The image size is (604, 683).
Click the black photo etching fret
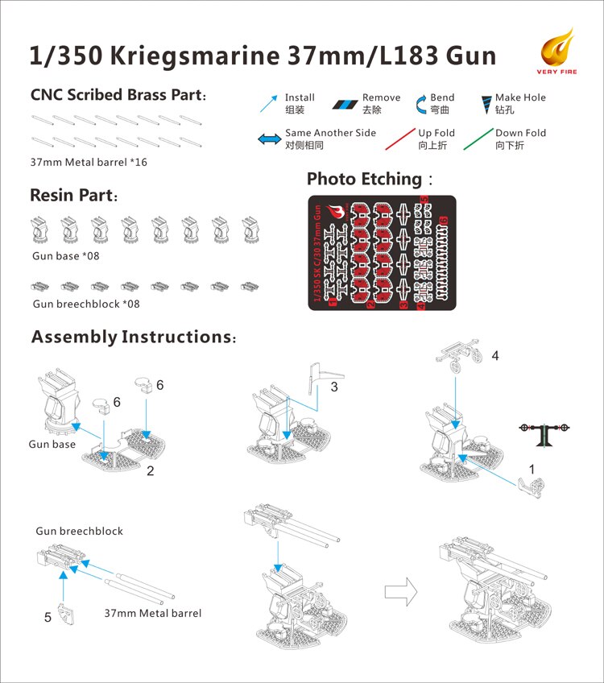coord(382,253)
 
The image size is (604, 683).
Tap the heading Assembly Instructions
coord(133,337)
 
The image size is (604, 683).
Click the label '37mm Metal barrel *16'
coord(89,162)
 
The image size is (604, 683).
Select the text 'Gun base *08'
coord(66,256)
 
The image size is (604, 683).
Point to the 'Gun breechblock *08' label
coord(86,304)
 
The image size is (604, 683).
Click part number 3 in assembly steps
coord(333,387)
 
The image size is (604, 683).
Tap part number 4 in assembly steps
coord(495,355)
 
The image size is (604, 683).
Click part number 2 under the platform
coord(151,471)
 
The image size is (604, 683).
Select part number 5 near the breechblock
coord(48,617)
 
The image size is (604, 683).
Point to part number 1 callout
coord(531,469)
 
